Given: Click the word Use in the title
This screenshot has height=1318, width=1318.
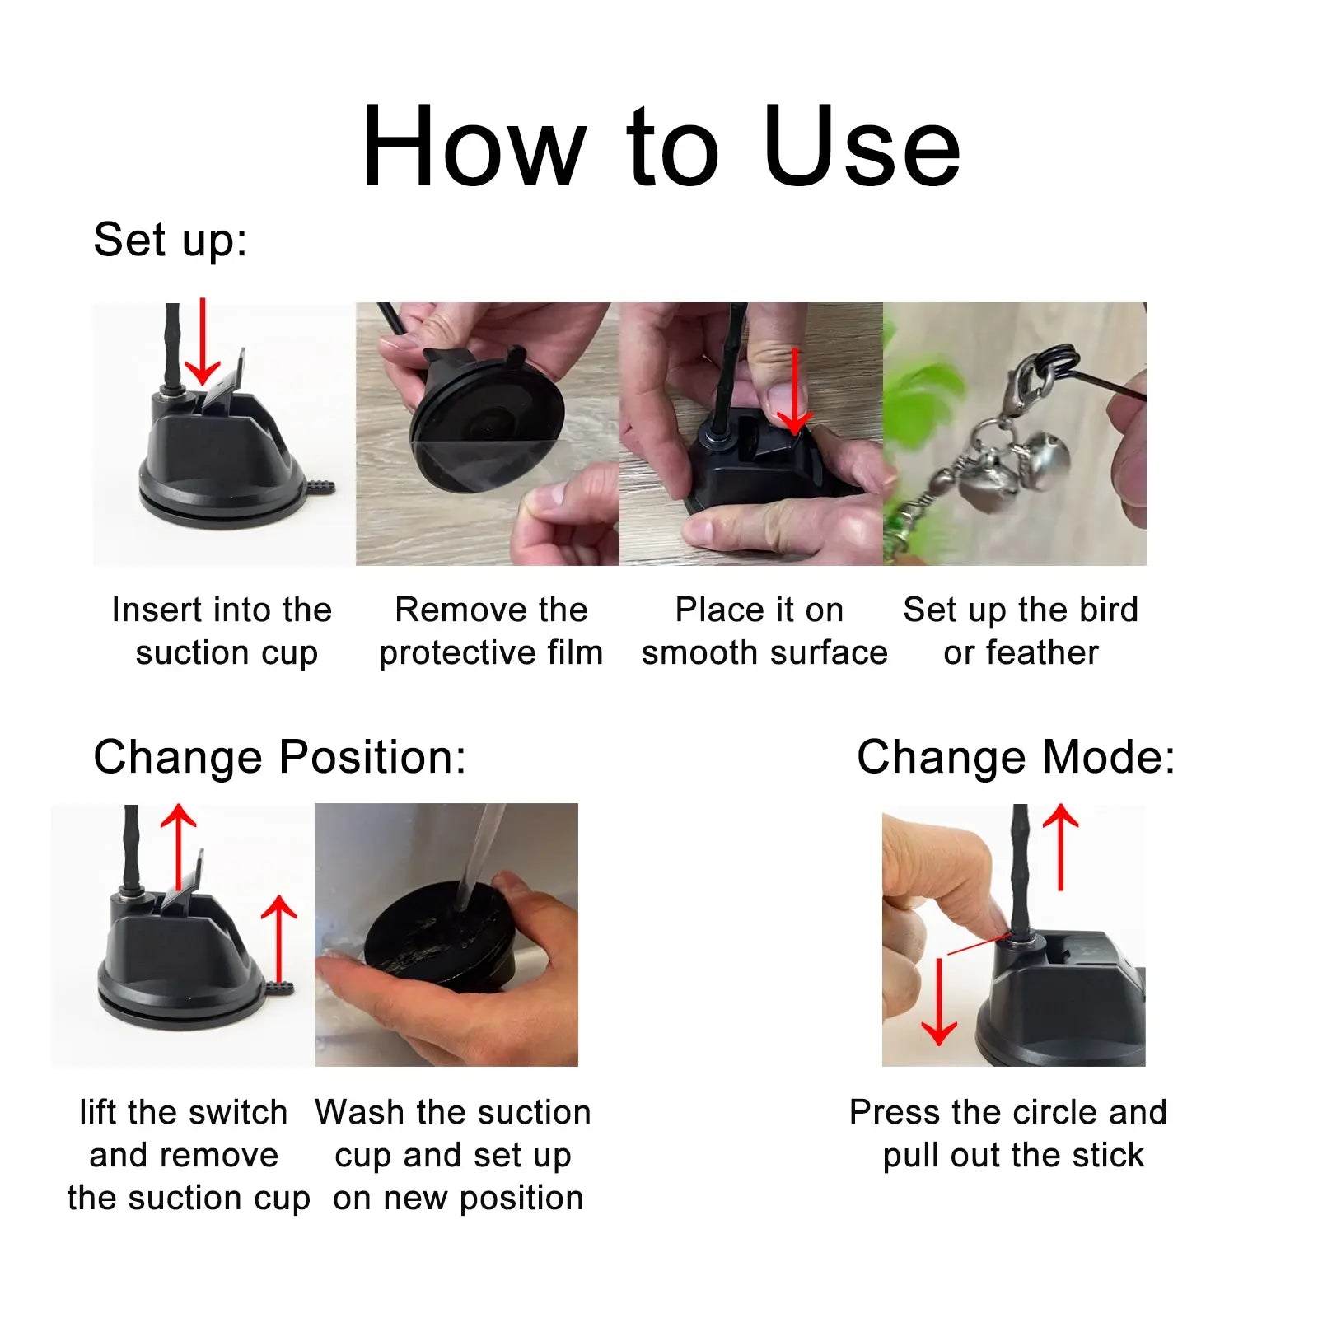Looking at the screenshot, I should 862,147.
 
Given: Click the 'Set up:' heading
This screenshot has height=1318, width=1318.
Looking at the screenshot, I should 170,240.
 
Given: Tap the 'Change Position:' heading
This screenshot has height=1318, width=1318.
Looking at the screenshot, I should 279,756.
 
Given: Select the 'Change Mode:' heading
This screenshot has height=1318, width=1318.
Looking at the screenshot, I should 1016,756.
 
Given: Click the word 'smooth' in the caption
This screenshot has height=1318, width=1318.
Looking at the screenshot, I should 689,652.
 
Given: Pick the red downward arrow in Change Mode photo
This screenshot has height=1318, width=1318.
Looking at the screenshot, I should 938,1002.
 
